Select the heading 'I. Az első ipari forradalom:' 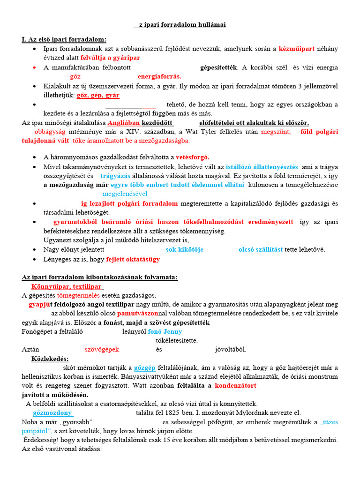64,39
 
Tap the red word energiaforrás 159,76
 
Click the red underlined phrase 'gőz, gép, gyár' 98,95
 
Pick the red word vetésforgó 193,157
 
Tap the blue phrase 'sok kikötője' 184,249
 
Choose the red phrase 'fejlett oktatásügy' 133,259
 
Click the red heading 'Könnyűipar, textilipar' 67,286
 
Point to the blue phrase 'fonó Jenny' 165,331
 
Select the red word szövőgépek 102,349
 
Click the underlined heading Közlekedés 50,359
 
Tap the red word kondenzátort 235,386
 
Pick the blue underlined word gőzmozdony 52,413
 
